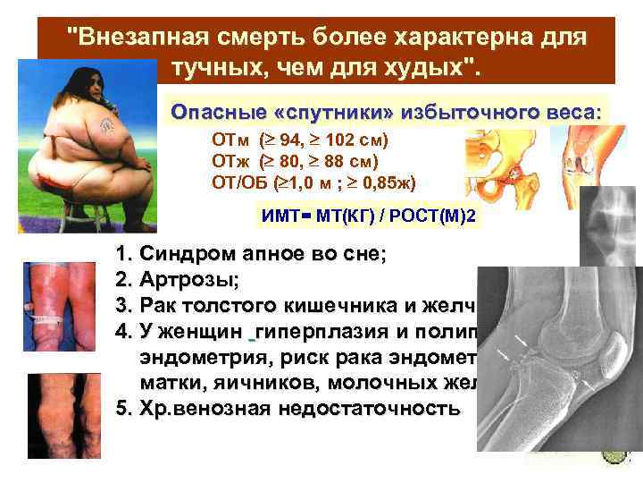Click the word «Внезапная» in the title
pos(133,39)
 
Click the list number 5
pos(123,409)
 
